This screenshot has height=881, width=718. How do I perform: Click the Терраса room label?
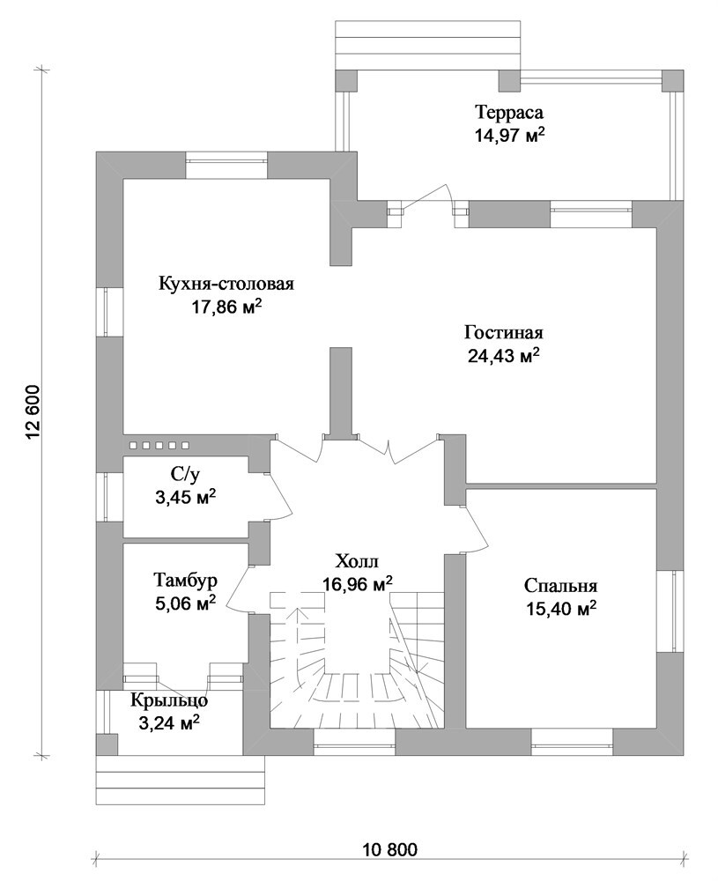click(x=509, y=113)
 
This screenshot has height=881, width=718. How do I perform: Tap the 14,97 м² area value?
click(x=509, y=136)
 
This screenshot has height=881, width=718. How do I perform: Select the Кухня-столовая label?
click(x=226, y=283)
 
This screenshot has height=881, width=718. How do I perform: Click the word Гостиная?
click(x=504, y=332)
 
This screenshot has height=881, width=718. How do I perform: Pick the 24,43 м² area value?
click(x=504, y=356)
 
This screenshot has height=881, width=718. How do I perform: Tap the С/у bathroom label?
click(x=185, y=476)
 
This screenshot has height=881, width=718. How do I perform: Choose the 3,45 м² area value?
click(x=185, y=497)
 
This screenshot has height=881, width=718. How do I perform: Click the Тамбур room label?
click(x=185, y=580)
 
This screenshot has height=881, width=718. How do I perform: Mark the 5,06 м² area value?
click(x=185, y=603)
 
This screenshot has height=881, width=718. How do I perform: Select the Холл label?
click(x=358, y=560)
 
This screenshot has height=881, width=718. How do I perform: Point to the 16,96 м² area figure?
click(x=358, y=584)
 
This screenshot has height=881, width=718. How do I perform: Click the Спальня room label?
click(x=560, y=586)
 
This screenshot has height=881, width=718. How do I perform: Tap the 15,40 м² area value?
click(x=560, y=609)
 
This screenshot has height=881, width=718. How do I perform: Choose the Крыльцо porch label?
click(x=170, y=700)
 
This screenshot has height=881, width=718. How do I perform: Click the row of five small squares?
click(x=160, y=446)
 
